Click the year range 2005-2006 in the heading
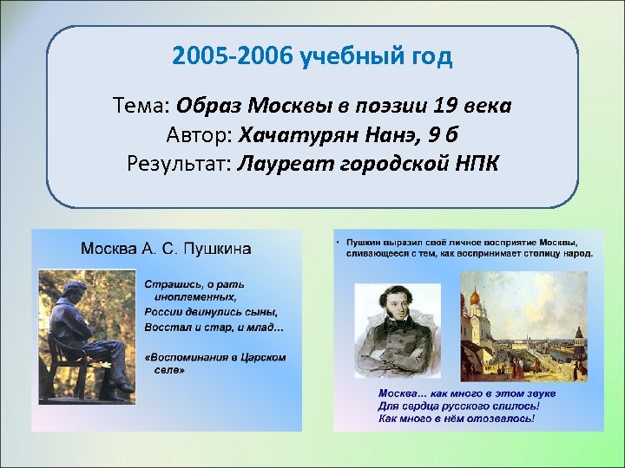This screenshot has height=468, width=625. pyautogui.click(x=232, y=58)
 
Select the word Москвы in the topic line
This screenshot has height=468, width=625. pyautogui.click(x=291, y=107)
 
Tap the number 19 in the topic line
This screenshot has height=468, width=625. pyautogui.click(x=446, y=107)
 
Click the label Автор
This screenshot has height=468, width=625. pyautogui.click(x=198, y=135)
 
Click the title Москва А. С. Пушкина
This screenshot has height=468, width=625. pyautogui.click(x=166, y=249)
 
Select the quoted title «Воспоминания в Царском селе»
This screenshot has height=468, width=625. pyautogui.click(x=214, y=362)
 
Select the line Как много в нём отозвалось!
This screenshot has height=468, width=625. pyautogui.click(x=456, y=418)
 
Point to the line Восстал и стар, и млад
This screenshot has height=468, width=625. pyautogui.click(x=214, y=327)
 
